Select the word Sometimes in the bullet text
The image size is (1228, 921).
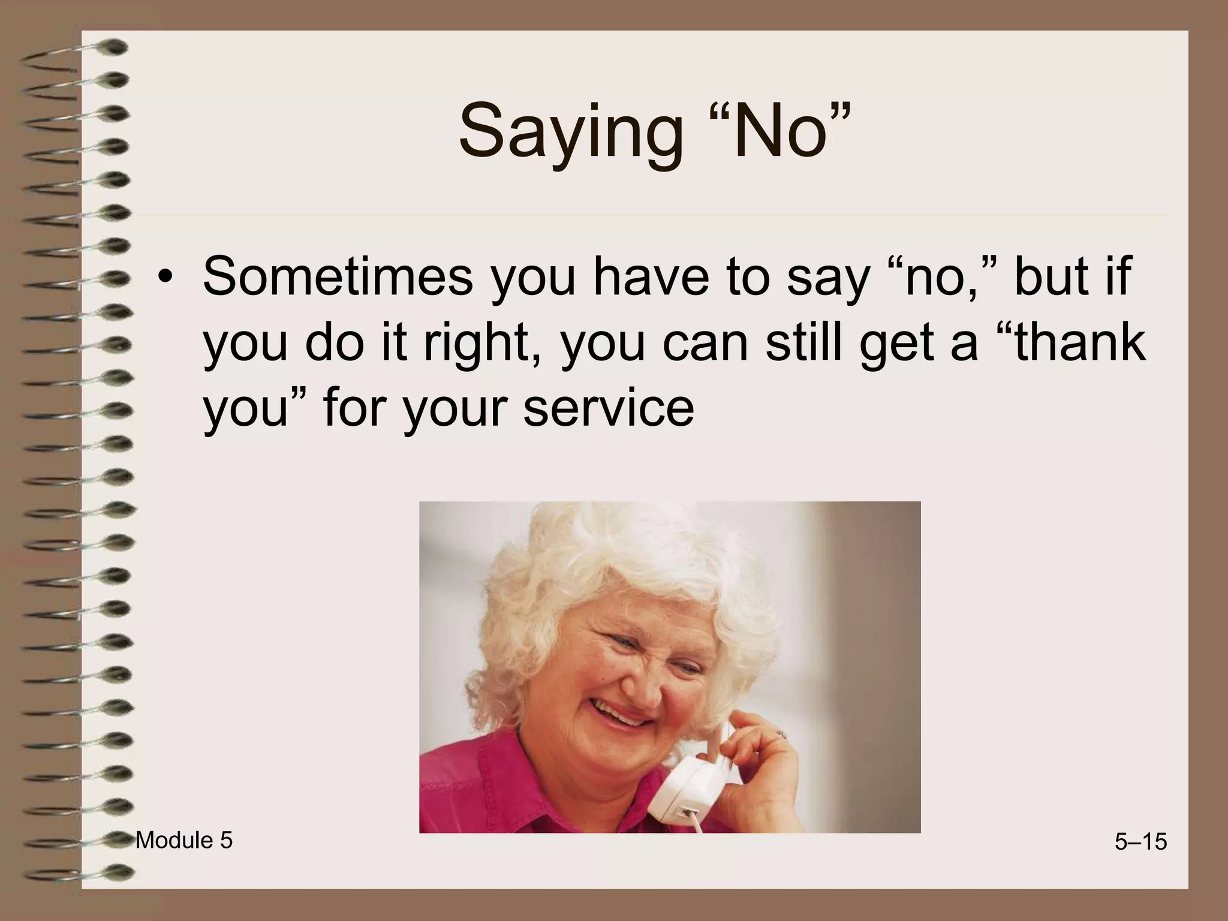point(338,276)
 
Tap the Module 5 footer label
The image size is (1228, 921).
point(184,841)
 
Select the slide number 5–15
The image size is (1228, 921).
point(1140,842)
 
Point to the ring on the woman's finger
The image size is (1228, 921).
point(781,734)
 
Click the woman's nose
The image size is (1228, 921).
point(645,684)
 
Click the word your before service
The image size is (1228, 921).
point(456,409)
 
